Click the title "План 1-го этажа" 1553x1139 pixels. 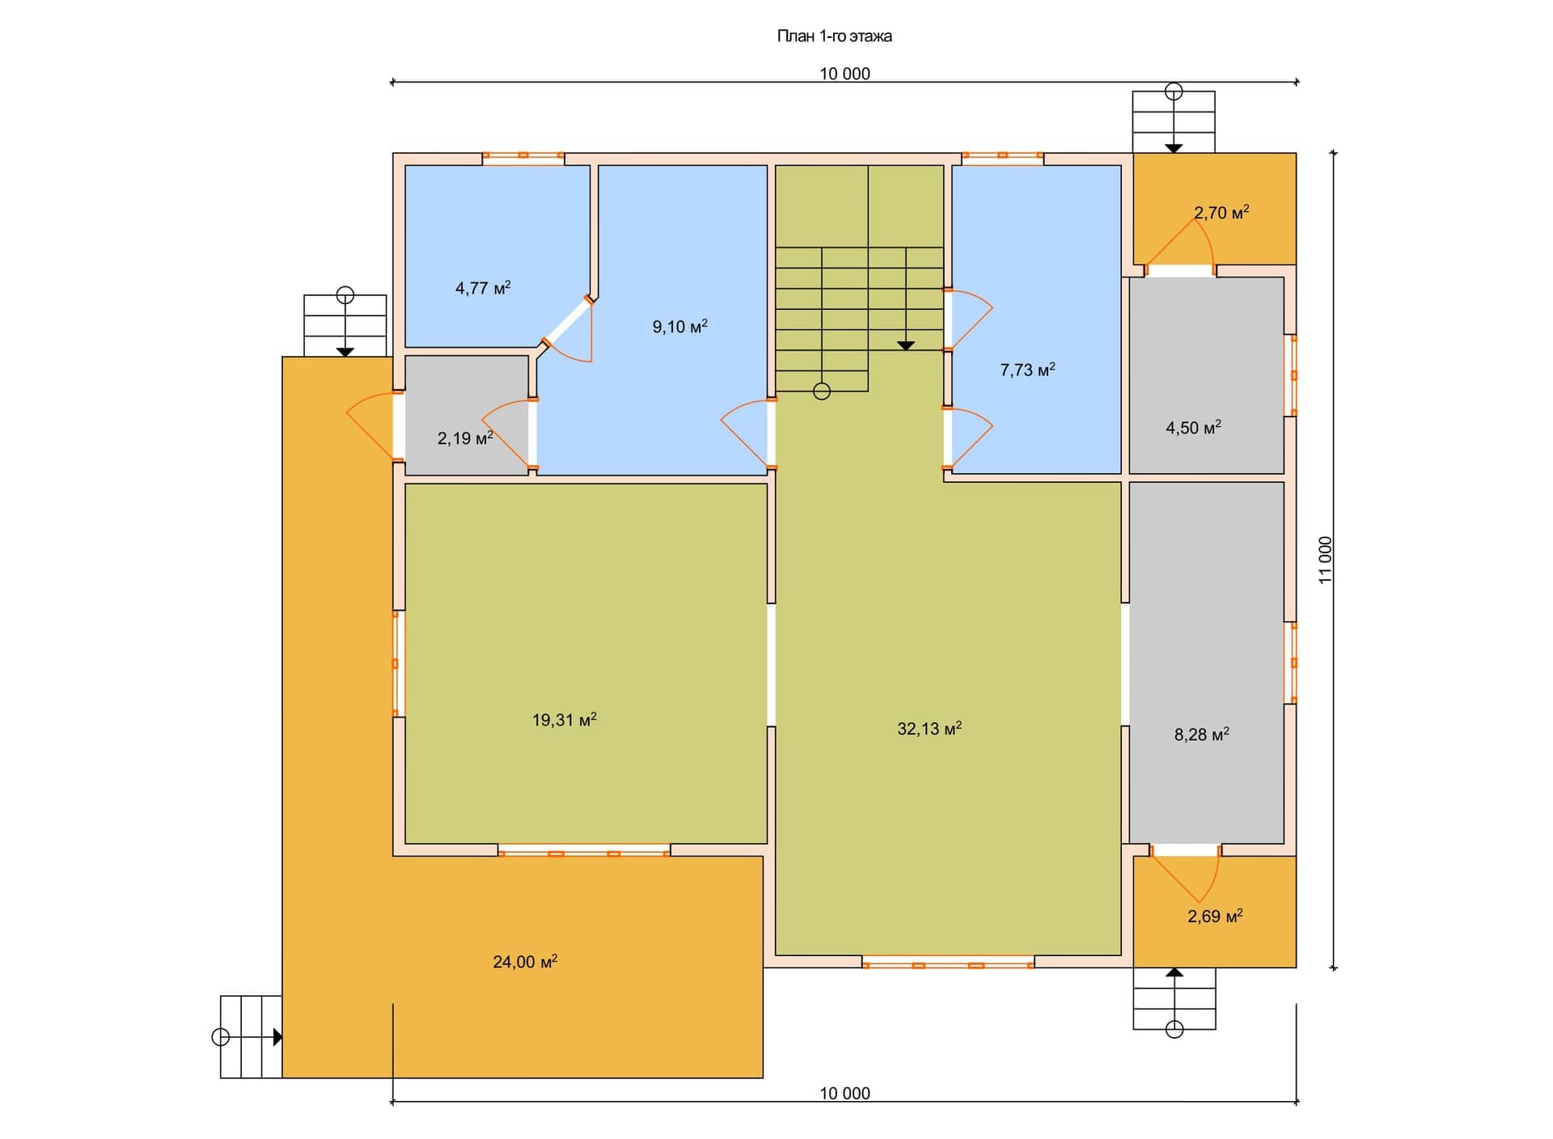coord(834,36)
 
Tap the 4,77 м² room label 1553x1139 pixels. coord(483,287)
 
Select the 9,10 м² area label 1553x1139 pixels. coord(680,326)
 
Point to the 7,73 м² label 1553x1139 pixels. coord(1027,370)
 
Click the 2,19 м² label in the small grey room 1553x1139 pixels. coord(465,438)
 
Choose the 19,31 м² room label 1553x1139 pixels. coord(565,719)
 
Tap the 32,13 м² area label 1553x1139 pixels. coord(929,728)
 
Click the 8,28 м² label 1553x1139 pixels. coord(1202,734)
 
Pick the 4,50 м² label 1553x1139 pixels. coord(1193,427)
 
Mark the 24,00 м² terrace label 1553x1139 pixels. coord(525,961)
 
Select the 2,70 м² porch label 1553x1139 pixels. coord(1221,212)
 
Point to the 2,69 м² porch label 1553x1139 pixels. coord(1215,916)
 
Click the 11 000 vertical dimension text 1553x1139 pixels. coord(1325,560)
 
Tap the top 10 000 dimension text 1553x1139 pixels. coord(845,74)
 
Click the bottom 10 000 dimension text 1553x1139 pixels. coord(845,1093)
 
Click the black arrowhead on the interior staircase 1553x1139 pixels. coord(906,345)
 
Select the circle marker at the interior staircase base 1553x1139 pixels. coord(822,392)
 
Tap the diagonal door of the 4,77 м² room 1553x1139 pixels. coord(566,323)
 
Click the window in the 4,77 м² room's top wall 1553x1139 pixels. coord(523,155)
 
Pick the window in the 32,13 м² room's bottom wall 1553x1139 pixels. coord(948,964)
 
